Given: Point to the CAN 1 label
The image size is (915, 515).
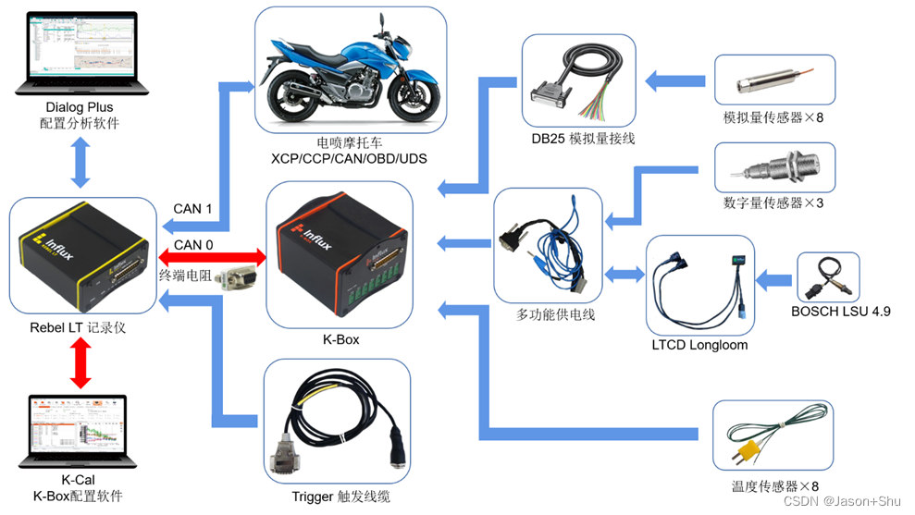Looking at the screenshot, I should [x=192, y=209].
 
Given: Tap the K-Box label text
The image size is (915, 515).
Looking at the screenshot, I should [x=340, y=339].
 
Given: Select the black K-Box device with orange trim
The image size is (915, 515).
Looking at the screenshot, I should [x=339, y=254].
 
